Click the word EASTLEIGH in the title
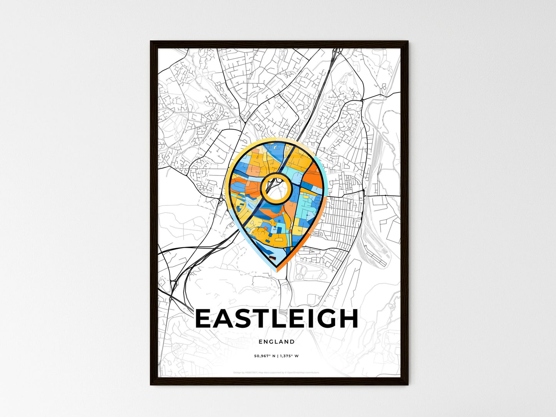pyautogui.click(x=277, y=319)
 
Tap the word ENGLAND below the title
pyautogui.click(x=277, y=342)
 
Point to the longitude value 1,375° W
pyautogui.click(x=289, y=356)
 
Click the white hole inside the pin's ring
pyautogui.click(x=275, y=188)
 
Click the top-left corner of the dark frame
pyautogui.click(x=151, y=42)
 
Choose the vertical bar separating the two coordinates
pyautogui.click(x=278, y=356)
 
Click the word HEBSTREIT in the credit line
pyautogui.click(x=250, y=372)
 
